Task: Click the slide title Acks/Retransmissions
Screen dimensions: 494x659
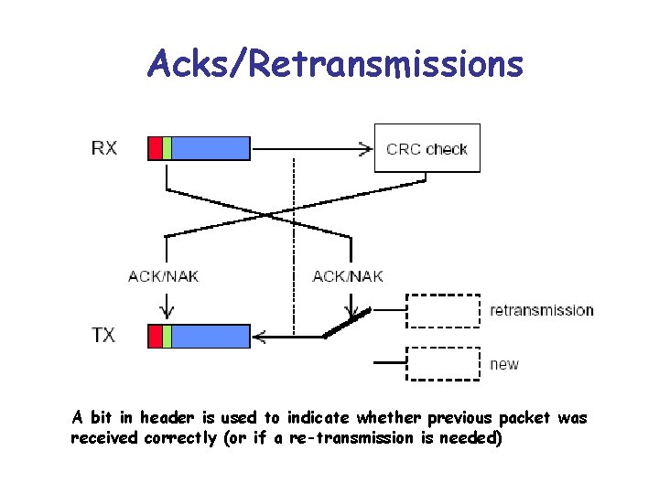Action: [x=335, y=64]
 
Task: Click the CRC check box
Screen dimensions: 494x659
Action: [x=427, y=148]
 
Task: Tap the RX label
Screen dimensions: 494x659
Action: [x=103, y=146]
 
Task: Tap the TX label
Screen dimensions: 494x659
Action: [x=103, y=335]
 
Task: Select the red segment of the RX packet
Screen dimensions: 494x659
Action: [x=155, y=147]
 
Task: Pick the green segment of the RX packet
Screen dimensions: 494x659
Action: [x=167, y=147]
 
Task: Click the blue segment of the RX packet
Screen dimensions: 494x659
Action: [x=211, y=147]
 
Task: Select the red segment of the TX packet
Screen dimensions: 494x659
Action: [x=155, y=336]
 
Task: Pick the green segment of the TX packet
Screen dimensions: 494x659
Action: [x=167, y=336]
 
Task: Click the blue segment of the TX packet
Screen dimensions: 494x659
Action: [x=211, y=336]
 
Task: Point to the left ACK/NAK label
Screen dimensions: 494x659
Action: [x=164, y=275]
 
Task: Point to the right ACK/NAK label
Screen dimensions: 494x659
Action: [x=348, y=275]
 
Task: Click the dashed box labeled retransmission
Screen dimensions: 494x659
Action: [x=443, y=310]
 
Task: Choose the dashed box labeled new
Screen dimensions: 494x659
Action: [x=443, y=363]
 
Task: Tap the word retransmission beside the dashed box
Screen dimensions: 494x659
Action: [x=542, y=310]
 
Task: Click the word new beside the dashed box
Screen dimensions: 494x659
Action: [x=504, y=364]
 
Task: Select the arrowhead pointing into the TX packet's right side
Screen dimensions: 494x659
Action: [x=258, y=337]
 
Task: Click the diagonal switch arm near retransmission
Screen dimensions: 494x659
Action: [x=346, y=324]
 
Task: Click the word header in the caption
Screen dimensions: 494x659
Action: [x=167, y=418]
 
